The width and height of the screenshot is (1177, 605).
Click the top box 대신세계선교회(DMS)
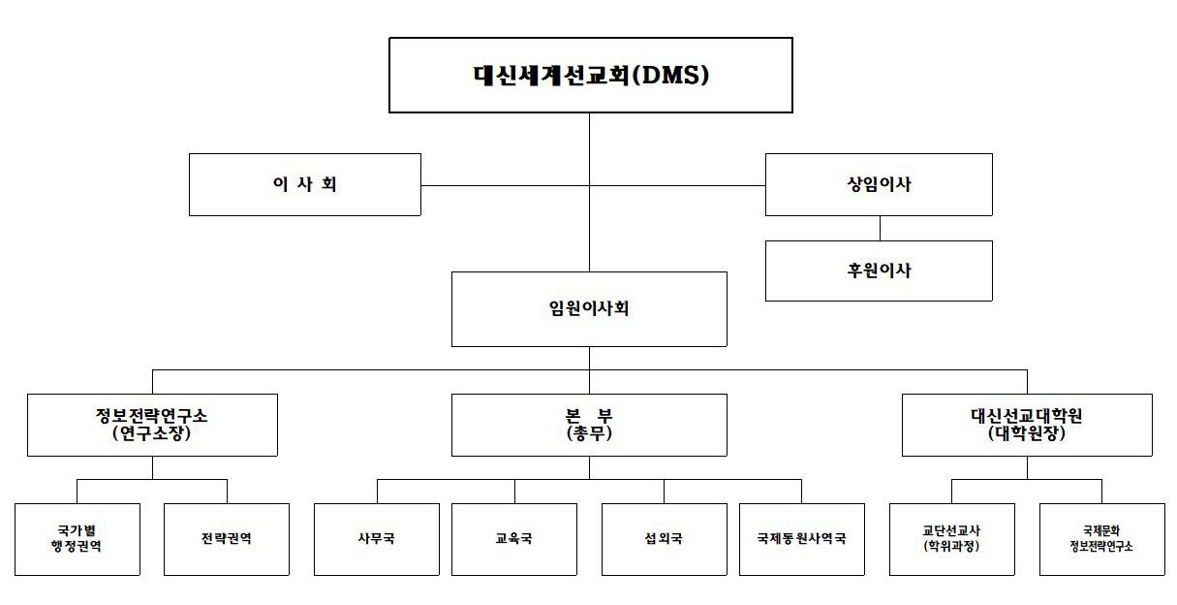point(590,75)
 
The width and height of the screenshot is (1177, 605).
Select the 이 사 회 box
point(304,184)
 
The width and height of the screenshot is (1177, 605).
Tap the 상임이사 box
point(879,184)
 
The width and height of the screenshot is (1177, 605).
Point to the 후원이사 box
point(879,271)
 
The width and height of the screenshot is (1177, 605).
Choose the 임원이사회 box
point(589,309)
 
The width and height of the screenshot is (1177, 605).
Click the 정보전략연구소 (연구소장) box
point(152,425)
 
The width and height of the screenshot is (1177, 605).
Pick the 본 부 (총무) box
point(589,425)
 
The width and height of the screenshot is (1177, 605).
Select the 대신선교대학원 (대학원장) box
point(1027,425)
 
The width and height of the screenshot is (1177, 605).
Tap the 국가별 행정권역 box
point(77,539)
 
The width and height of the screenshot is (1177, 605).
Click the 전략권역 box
point(226,539)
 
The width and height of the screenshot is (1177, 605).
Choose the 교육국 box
point(513,539)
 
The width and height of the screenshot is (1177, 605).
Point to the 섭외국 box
point(664,539)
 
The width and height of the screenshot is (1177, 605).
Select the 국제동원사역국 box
point(802,539)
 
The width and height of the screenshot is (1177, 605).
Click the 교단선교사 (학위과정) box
point(952,539)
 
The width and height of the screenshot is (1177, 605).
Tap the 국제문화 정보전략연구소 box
point(1102,539)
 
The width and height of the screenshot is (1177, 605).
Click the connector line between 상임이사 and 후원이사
point(880,228)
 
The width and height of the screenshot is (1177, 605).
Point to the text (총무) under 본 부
point(589,435)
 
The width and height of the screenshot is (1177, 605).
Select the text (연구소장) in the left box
point(152,435)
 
